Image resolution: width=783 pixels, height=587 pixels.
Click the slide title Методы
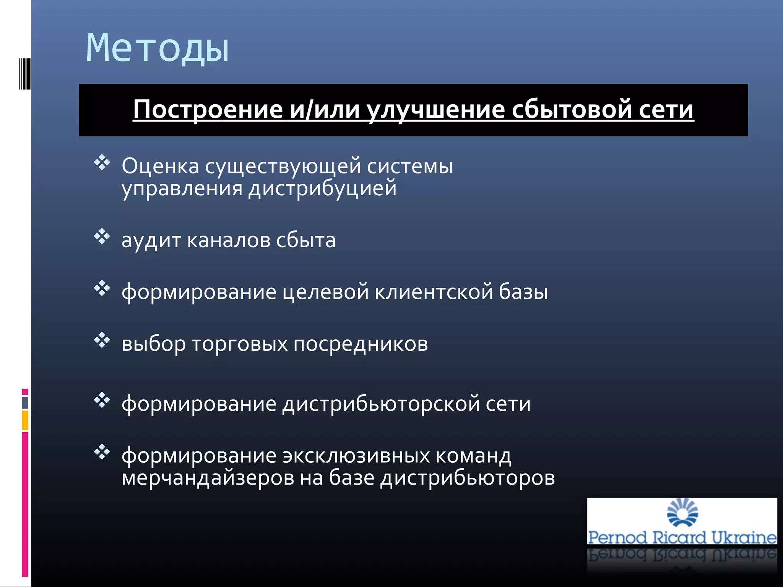(157, 49)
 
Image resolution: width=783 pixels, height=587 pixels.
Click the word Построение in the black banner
(208, 110)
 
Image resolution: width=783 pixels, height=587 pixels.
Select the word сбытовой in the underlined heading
(572, 110)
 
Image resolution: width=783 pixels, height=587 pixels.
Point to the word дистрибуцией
(322, 189)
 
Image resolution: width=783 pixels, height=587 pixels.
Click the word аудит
(151, 241)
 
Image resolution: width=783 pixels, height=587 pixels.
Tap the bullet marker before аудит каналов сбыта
(102, 237)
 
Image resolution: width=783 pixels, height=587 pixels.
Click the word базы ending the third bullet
(523, 292)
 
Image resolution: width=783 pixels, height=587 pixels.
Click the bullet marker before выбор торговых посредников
(102, 340)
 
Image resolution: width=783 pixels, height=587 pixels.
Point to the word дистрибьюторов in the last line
(467, 478)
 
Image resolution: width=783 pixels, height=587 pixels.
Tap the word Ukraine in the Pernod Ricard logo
(744, 538)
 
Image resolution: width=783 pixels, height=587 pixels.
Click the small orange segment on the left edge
(25, 420)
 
